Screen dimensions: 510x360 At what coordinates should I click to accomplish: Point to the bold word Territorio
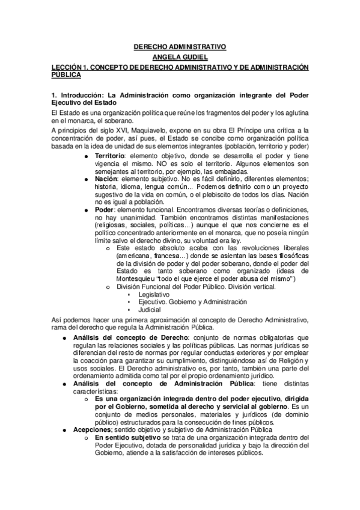pyautogui.click(x=111, y=156)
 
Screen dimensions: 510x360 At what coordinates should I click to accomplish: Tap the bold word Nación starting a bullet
pyautogui.click(x=107, y=179)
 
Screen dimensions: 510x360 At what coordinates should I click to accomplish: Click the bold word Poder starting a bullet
pyautogui.click(x=105, y=209)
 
